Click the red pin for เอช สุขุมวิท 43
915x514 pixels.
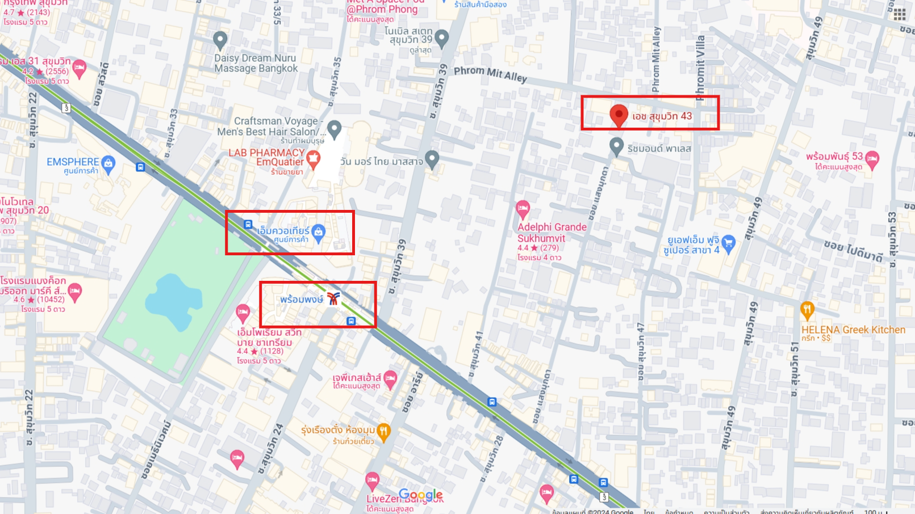(619, 115)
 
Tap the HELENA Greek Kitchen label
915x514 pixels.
(853, 330)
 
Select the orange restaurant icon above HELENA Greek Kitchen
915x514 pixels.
(807, 310)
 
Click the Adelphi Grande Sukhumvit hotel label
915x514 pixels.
(551, 233)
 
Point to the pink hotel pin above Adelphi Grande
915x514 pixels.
(523, 209)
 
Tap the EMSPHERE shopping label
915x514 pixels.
(73, 162)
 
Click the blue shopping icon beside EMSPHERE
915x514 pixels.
(108, 163)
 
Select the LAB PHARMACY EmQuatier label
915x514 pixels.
(266, 157)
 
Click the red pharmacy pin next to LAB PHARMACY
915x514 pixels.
(313, 159)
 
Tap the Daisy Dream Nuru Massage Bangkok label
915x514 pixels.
(256, 63)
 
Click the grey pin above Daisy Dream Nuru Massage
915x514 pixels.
(220, 40)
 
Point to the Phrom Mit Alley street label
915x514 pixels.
(490, 74)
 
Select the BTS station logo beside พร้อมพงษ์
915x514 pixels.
(333, 298)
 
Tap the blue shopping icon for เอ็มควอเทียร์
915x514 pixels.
(319, 232)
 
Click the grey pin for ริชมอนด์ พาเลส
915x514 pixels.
(616, 146)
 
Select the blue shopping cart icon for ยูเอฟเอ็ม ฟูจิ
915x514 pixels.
(728, 243)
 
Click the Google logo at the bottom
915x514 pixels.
(420, 495)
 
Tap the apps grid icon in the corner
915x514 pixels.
(900, 14)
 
